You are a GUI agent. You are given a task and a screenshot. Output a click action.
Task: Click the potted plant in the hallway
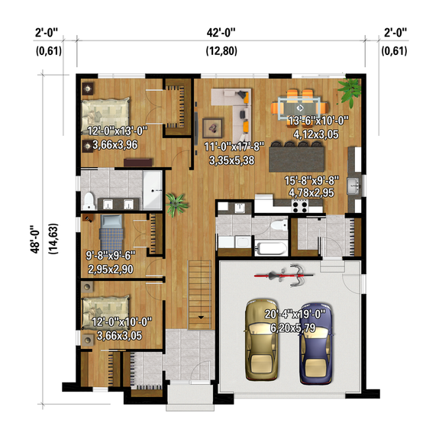click(x=177, y=202)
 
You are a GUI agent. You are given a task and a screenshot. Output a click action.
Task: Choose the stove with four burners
click(x=297, y=205)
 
